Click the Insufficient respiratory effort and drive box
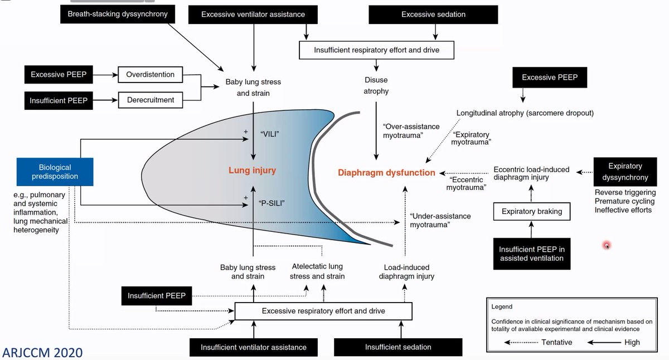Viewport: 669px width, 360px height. pyautogui.click(x=377, y=50)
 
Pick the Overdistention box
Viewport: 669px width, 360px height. pyautogui.click(x=151, y=74)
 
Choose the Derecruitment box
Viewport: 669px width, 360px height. pyautogui.click(x=151, y=100)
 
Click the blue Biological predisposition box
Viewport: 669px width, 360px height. pyautogui.click(x=55, y=172)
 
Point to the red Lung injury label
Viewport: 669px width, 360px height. pyautogui.click(x=252, y=171)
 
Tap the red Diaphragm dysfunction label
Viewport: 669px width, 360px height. pyautogui.click(x=386, y=173)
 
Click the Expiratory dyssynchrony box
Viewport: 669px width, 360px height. pyautogui.click(x=625, y=172)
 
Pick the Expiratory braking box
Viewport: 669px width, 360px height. pyautogui.click(x=531, y=212)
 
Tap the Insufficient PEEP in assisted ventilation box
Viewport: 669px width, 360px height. pyautogui.click(x=531, y=254)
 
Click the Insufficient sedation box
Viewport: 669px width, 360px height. pyautogui.click(x=398, y=347)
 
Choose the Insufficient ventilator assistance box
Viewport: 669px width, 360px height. pyautogui.click(x=254, y=347)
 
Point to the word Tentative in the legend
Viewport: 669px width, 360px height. pyautogui.click(x=556, y=342)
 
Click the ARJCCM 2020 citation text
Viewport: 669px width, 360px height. pyautogui.click(x=42, y=352)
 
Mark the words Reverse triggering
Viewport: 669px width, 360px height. pyautogui.click(x=624, y=192)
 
